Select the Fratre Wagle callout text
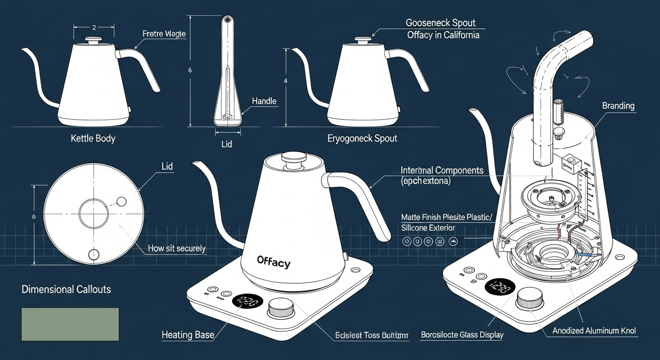coord(164,34)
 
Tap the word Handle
coord(264,101)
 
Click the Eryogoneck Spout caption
coord(362,138)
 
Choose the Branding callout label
coord(618,106)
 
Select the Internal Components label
coord(442,170)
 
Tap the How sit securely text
coord(177,248)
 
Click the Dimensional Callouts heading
coord(67,289)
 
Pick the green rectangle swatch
coord(70,324)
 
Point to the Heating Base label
coord(187,335)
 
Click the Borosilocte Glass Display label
coord(462,335)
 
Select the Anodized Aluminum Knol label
coord(594,331)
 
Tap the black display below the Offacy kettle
coord(247,301)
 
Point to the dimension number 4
coord(285,81)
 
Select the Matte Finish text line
coord(447,217)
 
